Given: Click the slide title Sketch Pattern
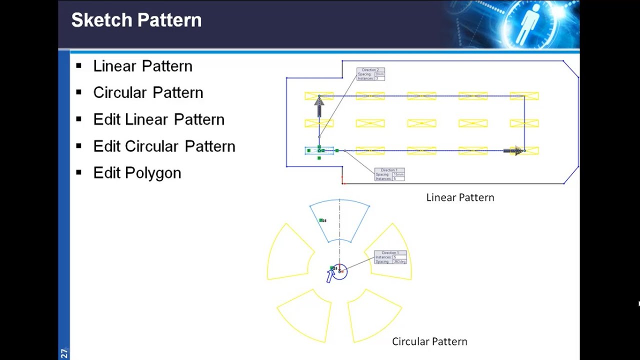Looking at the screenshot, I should (x=136, y=20).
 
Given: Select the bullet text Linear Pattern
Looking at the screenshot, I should (x=142, y=66).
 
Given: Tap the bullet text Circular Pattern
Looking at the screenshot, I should (x=148, y=92).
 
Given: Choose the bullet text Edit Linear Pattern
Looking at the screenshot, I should (x=158, y=119).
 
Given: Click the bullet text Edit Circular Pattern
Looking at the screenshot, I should (x=164, y=146).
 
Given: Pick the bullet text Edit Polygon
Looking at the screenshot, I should (x=137, y=173).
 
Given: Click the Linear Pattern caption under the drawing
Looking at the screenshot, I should (x=460, y=197).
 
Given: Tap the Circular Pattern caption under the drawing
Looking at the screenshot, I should (x=429, y=341).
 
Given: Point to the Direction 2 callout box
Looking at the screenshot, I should (x=370, y=74).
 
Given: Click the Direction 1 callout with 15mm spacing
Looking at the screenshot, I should (x=389, y=174).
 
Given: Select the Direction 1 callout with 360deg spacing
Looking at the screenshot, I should (x=390, y=257).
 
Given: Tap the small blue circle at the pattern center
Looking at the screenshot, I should (x=340, y=272).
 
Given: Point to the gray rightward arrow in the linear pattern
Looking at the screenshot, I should (x=513, y=150).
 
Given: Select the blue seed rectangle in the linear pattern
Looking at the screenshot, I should (x=319, y=150).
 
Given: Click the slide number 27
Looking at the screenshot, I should (x=64, y=353).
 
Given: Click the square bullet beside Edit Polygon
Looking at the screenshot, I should (x=78, y=172).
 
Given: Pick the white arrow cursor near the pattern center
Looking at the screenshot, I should (x=330, y=275).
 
